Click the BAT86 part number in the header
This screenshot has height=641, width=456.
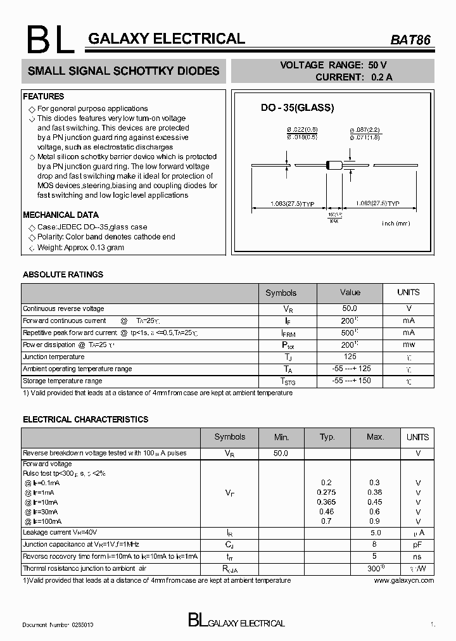coord(410,39)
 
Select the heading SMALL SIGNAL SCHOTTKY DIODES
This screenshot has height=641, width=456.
coord(123,71)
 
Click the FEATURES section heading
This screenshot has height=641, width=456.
coord(44,96)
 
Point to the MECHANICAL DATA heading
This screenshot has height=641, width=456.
coord(61,215)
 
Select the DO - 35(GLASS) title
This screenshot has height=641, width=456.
coord(297,108)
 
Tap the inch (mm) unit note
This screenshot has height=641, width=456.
coord(396,224)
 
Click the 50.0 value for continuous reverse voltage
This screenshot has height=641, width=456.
coord(350,308)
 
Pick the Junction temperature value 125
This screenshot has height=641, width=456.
coord(350,357)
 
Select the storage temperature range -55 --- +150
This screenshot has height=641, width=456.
coord(351,381)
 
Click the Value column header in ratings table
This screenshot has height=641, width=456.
coord(350,292)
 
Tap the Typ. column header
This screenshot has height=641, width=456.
coord(327,437)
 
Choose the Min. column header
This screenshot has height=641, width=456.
coord(281,437)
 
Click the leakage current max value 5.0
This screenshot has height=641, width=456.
coord(375,533)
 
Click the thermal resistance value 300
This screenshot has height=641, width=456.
coord(374,568)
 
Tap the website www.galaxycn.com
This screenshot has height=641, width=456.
coord(403,580)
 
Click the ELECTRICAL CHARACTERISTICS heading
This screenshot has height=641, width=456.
coord(85,419)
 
